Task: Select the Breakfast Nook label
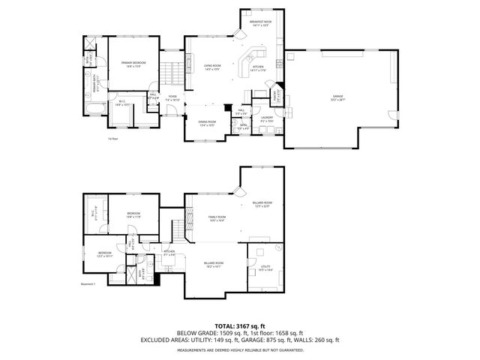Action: [260, 24]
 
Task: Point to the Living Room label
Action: [212, 67]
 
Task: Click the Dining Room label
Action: [207, 123]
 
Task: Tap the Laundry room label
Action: [266, 118]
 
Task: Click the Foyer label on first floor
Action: [172, 97]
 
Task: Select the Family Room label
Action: [217, 218]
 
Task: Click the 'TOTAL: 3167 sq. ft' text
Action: [240, 326]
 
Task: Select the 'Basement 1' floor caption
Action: [89, 284]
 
